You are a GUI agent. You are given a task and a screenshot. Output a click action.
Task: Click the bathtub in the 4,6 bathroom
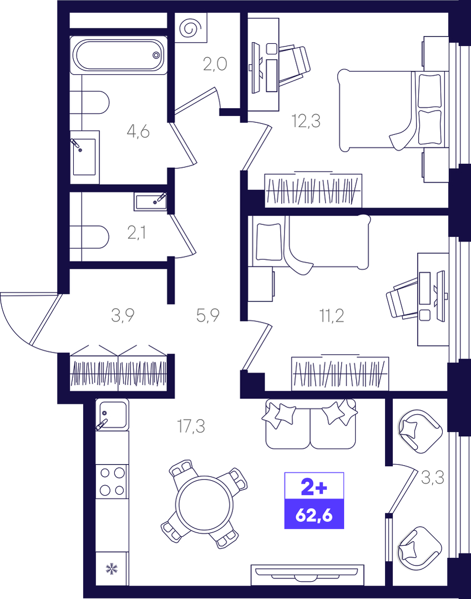pyautogui.click(x=119, y=55)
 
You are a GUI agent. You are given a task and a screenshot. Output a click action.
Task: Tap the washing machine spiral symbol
pyautogui.click(x=191, y=28)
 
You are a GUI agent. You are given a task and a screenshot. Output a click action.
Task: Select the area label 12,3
pyautogui.click(x=306, y=121)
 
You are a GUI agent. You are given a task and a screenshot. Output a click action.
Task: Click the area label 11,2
pyautogui.click(x=331, y=316)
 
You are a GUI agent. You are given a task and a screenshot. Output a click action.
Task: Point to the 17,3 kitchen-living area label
pyautogui.click(x=191, y=426)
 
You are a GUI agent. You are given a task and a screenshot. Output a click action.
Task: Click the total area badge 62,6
pyautogui.click(x=314, y=514)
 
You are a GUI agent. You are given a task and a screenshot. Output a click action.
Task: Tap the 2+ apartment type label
pyautogui.click(x=314, y=487)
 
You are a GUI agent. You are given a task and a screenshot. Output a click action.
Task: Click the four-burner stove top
pyautogui.click(x=112, y=481)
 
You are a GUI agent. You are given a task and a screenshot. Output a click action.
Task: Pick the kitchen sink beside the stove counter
pyautogui.click(x=112, y=415)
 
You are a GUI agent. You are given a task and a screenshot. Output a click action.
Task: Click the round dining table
pyautogui.click(x=204, y=504)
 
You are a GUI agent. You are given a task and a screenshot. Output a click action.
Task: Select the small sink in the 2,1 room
pyautogui.click(x=150, y=202)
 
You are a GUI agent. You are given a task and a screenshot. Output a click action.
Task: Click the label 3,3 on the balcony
pyautogui.click(x=433, y=477)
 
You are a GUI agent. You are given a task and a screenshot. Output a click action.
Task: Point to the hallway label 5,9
pyautogui.click(x=207, y=315)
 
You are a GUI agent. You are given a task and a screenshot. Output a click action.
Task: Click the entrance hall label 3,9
pyautogui.click(x=123, y=315)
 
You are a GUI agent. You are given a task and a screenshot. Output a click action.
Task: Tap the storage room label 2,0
pyautogui.click(x=215, y=64)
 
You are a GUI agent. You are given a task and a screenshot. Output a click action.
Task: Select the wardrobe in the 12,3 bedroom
pyautogui.click(x=313, y=190)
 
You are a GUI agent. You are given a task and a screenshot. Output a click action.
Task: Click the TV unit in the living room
pyautogui.click(x=307, y=575)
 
